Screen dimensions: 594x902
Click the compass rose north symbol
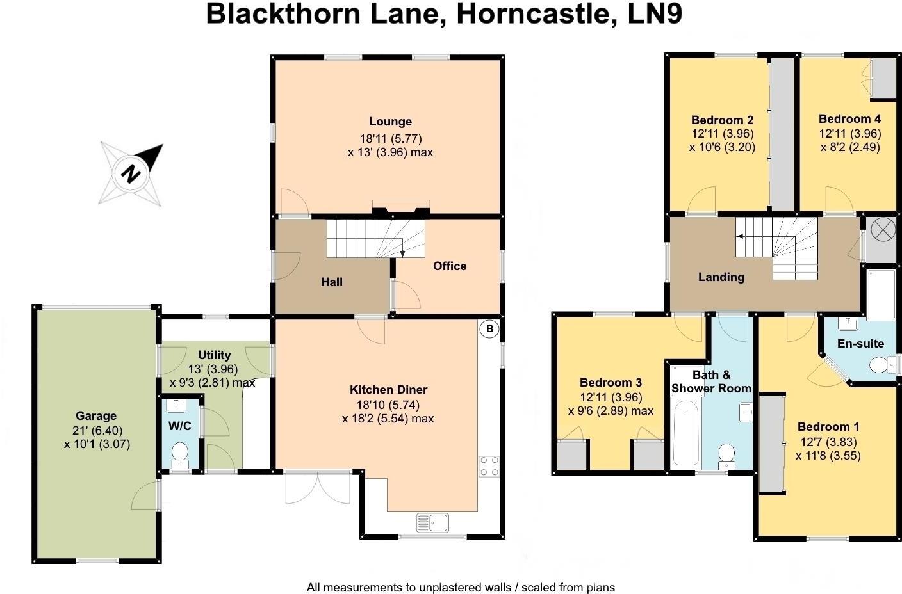tap(131, 173)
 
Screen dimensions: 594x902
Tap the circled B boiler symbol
tap(489, 329)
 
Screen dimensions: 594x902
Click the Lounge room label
tap(390, 122)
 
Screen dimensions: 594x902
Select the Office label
tap(450, 266)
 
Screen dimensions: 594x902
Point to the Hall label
tap(332, 282)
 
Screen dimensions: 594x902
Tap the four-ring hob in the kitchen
tap(489, 465)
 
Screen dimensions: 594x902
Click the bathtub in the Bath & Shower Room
tap(685, 433)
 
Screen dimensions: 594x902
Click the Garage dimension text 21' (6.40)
tap(97, 430)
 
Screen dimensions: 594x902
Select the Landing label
tap(721, 277)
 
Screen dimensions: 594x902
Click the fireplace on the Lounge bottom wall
tap(401, 207)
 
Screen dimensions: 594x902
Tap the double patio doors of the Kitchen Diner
tap(318, 488)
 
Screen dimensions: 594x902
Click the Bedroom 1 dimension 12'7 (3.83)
tap(828, 442)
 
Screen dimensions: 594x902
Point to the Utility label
tap(214, 355)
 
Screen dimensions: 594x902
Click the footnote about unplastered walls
tap(460, 587)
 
